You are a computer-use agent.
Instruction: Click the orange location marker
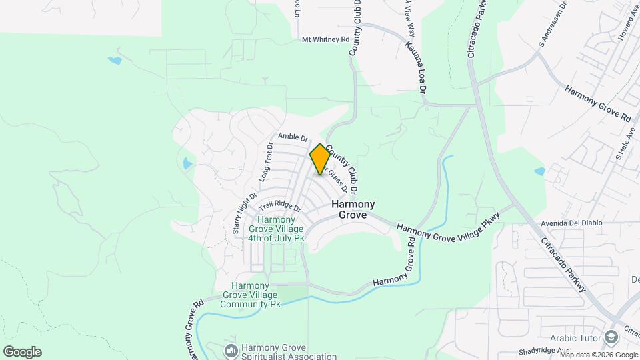320,159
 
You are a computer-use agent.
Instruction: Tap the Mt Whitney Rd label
326,40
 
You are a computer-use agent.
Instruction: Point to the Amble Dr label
293,137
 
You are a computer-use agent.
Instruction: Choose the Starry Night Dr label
245,213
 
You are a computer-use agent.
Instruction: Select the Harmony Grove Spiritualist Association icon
231,350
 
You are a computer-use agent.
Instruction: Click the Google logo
21,352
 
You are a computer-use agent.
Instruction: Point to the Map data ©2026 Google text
598,355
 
